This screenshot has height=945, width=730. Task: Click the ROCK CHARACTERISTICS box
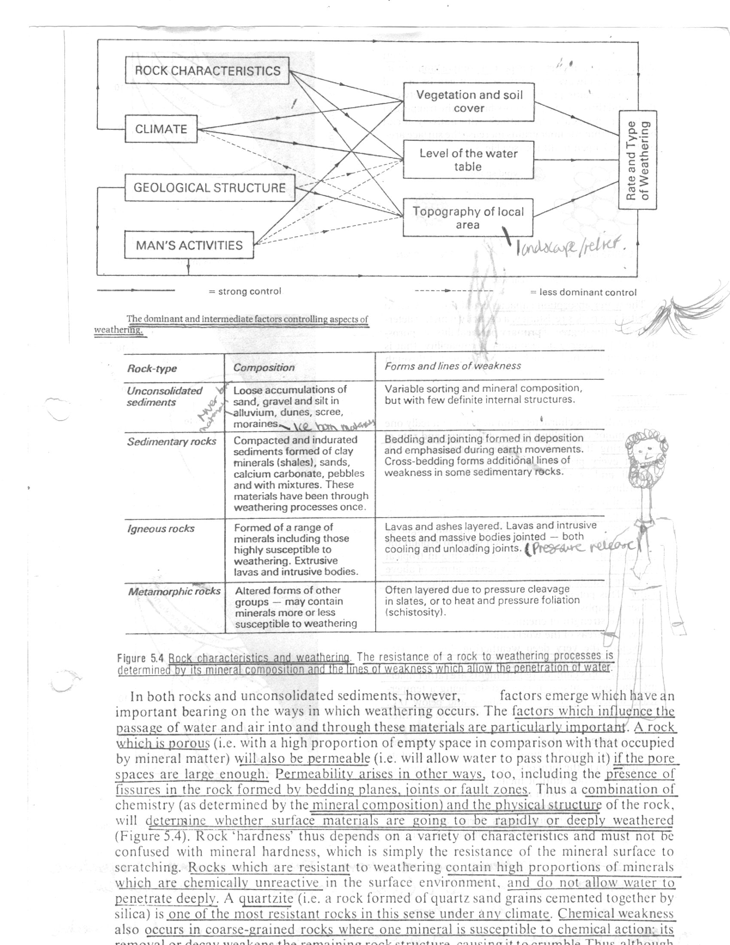[x=207, y=70]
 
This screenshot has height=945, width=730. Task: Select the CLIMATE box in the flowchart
[x=161, y=129]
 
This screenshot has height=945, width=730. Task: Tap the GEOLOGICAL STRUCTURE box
[x=210, y=188]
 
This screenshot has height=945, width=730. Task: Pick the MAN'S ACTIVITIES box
[x=189, y=245]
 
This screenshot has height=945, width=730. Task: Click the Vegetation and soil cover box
[x=469, y=102]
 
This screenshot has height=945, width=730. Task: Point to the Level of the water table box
[x=468, y=160]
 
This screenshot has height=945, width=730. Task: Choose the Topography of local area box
[x=468, y=218]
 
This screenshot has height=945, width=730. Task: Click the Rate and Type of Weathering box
[x=637, y=160]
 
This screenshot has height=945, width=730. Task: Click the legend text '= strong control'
[x=245, y=291]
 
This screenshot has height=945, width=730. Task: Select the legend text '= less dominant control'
[x=584, y=293]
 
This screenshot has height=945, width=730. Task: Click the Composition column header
[x=264, y=367]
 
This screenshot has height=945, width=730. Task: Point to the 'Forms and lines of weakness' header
[x=453, y=366]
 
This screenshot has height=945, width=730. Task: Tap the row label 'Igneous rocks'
[x=161, y=529]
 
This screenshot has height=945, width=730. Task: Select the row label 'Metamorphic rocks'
[x=174, y=591]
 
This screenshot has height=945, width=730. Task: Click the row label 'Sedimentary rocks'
[x=171, y=441]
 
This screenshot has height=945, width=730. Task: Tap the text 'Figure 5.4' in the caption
[x=140, y=658]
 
